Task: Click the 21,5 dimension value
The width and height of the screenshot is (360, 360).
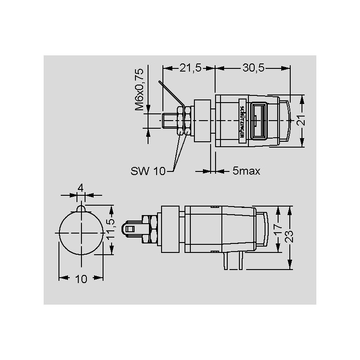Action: click(190, 68)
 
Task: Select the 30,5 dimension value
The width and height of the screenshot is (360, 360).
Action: click(253, 68)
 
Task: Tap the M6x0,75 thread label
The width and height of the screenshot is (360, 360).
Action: click(139, 90)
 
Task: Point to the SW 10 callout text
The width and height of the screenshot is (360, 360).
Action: click(148, 171)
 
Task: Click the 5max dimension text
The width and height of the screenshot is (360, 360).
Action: click(246, 171)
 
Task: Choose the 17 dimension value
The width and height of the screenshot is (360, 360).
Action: click(278, 229)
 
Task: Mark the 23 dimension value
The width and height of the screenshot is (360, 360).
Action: click(289, 237)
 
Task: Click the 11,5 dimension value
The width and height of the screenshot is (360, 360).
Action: click(111, 229)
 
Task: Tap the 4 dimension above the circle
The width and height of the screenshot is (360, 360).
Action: click(81, 188)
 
